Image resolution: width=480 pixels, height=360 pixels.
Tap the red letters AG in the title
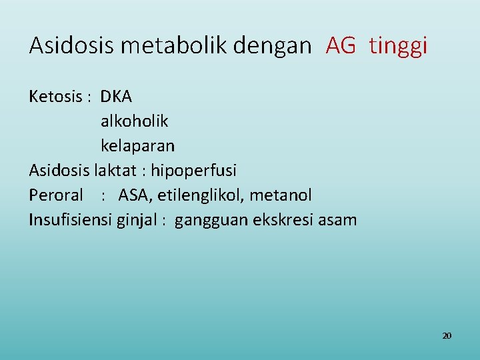coord(341,45)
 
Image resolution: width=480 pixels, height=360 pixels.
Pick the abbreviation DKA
coord(117,97)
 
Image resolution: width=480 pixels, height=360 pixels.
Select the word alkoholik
coord(134,121)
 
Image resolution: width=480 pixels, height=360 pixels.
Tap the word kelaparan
coord(137,146)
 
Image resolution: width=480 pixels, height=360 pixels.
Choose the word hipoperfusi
coord(193,171)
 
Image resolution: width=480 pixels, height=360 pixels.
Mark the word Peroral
coord(56,195)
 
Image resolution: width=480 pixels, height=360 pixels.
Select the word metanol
coord(281,195)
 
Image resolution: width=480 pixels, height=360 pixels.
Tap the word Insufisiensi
coord(69,219)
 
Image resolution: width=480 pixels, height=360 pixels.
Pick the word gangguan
coord(211,221)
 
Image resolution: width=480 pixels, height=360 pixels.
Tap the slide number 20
coord(447,335)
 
